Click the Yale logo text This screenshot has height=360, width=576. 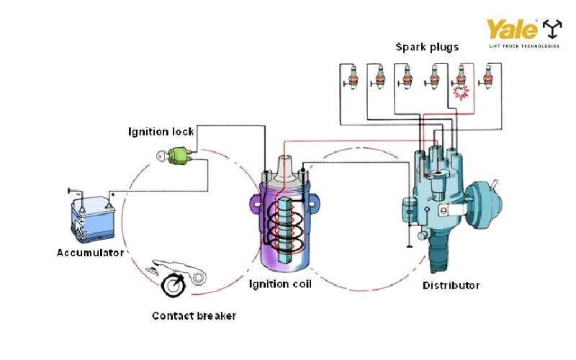512,30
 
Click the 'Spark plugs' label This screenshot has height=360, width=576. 427,47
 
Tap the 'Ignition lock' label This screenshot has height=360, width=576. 161,132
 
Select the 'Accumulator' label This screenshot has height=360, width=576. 90,253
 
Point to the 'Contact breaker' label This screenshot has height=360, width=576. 194,316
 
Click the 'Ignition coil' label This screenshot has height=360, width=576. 280,284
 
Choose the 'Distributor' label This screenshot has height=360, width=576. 451,286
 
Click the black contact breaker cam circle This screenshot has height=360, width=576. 174,285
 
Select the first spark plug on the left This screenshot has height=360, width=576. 352,76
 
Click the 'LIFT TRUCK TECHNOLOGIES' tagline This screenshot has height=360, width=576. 523,46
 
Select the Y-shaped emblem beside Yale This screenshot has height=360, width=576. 552,29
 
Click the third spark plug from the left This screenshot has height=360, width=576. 406,76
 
